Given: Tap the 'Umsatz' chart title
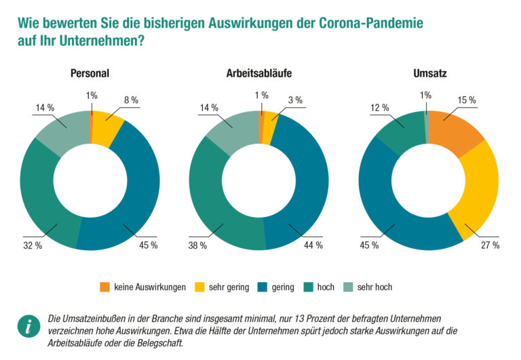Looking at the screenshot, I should [x=429, y=73].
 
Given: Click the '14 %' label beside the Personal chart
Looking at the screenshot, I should [x=45, y=107].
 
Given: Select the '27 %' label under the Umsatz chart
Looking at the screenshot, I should [x=490, y=245].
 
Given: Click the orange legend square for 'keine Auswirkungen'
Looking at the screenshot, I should [x=104, y=287].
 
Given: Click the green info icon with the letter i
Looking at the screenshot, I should [x=28, y=327].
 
